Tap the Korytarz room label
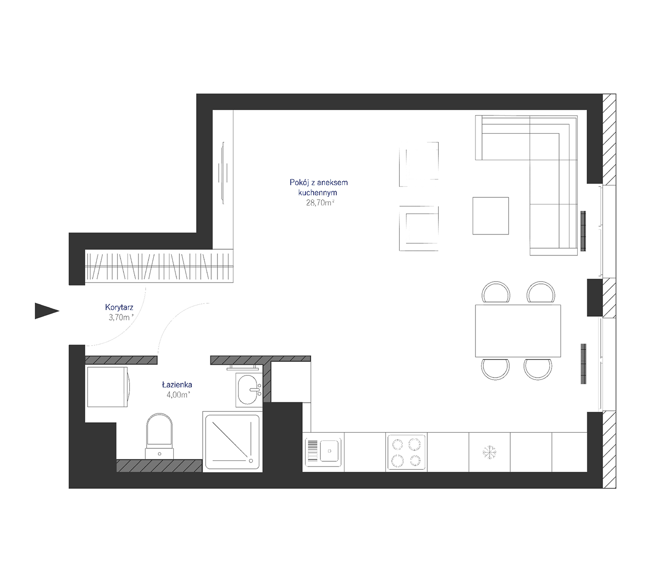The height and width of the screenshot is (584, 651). coord(119,307)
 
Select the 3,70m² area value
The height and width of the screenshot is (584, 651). coord(121,317)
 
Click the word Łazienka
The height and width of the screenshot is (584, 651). coord(177,384)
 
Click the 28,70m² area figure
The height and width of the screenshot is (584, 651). coord(320,203)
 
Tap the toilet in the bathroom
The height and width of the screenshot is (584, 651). coord(159,436)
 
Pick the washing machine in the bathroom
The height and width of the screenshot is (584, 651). coord(108,387)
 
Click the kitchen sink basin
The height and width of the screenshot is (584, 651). coord(329,451)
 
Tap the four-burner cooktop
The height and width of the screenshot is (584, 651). coord(406,452)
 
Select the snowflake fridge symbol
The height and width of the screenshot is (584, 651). coord(489,452)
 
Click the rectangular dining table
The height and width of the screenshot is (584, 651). coord(518,331)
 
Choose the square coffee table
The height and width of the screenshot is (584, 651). coord(490,215)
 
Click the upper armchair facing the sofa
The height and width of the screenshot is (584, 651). coord(419,164)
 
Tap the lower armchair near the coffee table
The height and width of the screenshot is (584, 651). coord(419,228)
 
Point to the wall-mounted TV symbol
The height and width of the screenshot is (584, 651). coord(223,173)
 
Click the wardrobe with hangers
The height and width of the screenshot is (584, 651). coord(159,266)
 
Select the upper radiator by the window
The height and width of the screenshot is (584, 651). coord(583,231)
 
